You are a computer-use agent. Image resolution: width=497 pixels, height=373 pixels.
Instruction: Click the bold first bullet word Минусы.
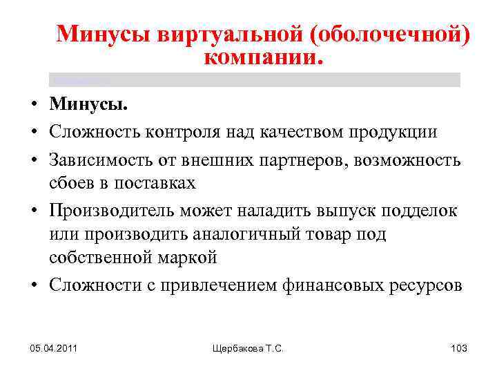[88, 106]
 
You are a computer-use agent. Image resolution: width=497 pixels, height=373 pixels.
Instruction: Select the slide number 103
[458, 349]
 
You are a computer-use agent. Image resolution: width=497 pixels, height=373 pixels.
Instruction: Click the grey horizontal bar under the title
[255, 79]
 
